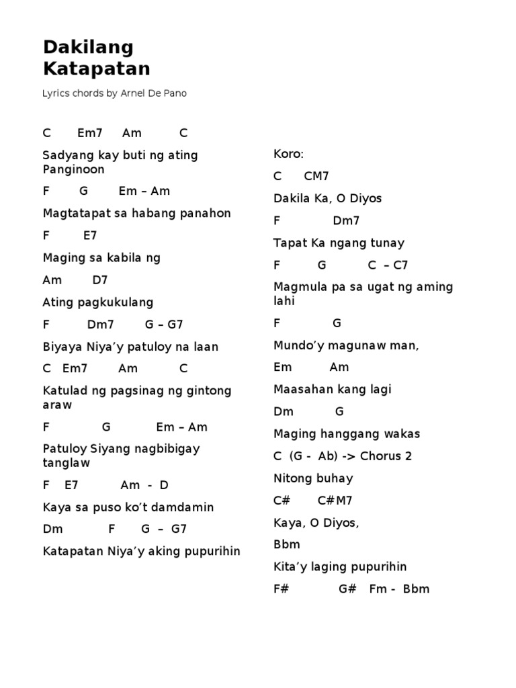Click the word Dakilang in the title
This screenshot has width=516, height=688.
88,47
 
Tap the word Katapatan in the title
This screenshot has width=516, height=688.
96,69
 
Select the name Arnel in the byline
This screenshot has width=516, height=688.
134,93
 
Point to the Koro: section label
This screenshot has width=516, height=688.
289,154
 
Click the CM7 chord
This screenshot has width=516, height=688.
316,176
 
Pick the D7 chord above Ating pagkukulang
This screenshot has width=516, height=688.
100,279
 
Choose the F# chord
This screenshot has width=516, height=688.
281,589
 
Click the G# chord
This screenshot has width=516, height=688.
347,589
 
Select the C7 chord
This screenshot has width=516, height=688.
400,265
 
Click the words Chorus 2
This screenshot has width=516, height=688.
386,456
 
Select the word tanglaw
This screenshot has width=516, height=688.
66,462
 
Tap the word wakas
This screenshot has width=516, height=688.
402,433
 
